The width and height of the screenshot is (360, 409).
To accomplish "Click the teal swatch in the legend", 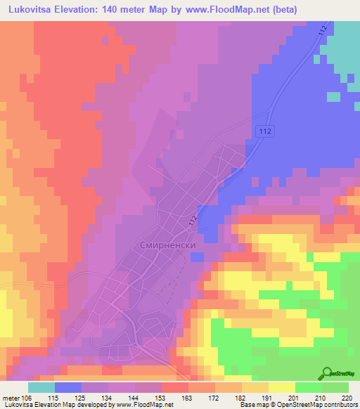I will click(41, 387).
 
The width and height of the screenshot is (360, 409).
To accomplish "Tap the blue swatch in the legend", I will click(67, 387).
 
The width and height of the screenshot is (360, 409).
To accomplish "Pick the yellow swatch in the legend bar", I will click(281, 387).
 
